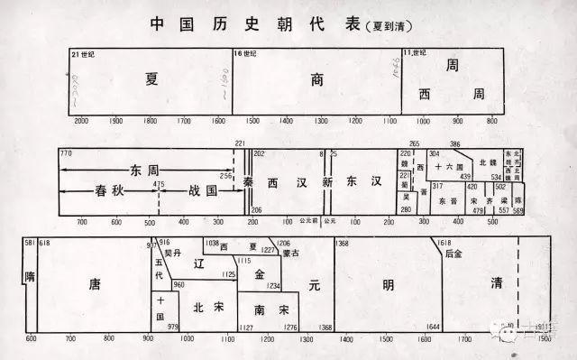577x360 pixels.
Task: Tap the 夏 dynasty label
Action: click(x=151, y=78)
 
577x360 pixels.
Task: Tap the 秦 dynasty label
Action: click(x=248, y=182)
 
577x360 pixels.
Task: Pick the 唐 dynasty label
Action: click(x=95, y=285)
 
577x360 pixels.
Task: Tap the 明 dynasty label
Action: click(x=388, y=285)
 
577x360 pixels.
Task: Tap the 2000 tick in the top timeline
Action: click(x=80, y=121)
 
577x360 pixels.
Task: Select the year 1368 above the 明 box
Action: click(x=342, y=244)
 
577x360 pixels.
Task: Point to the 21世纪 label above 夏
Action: click(x=82, y=55)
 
